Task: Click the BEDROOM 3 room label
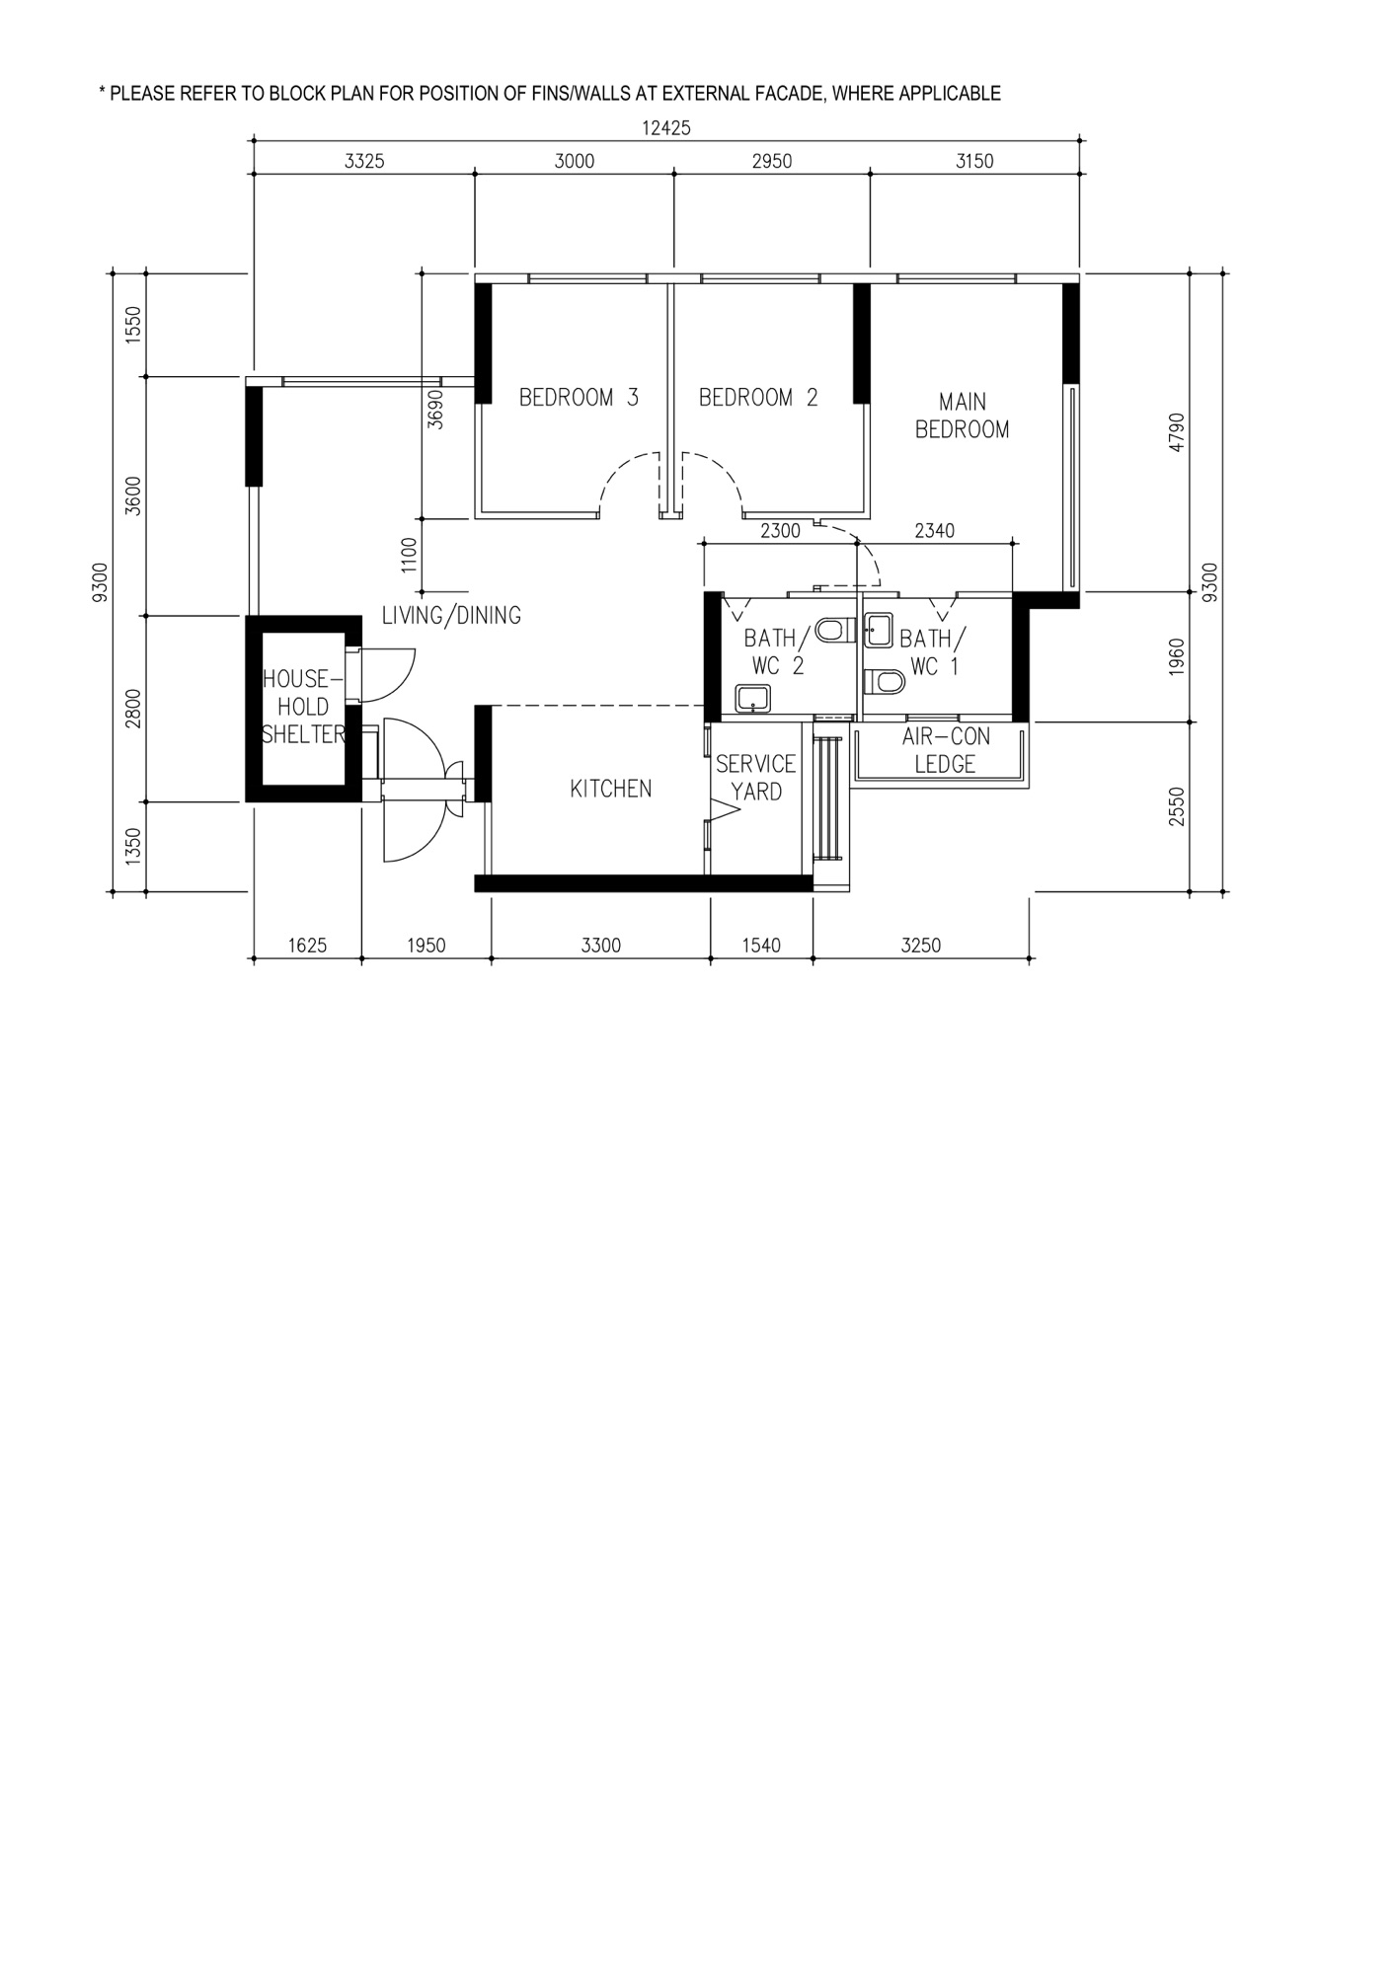pos(579,398)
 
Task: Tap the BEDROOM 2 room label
pos(758,398)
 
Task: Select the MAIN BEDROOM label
pos(962,416)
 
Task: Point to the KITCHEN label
pos(610,789)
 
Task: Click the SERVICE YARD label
pos(756,778)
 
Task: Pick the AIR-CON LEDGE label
pos(945,750)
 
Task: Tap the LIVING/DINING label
pos(451,616)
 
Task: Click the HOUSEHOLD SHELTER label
pos(303,707)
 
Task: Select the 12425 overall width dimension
pos(665,127)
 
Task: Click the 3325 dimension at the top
pos(363,162)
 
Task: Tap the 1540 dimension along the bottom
pos(760,946)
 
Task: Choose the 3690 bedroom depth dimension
pos(435,408)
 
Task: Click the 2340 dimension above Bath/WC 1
pos(934,531)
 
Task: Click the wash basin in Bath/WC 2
pos(753,699)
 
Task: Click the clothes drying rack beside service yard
pos(830,795)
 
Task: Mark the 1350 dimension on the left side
pos(134,846)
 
